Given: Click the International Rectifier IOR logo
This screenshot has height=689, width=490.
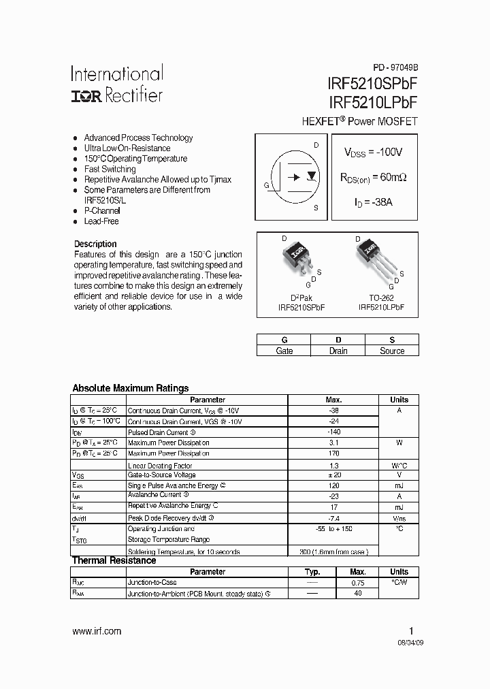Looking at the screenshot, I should pos(86,97).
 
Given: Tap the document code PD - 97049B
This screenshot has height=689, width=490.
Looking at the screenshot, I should pos(395,68).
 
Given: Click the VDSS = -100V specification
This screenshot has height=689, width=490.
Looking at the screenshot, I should pos(372,153).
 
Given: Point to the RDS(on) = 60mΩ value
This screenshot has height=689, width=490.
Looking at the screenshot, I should pos(373,177).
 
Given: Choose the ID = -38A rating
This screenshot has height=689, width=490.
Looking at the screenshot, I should pos(372,202).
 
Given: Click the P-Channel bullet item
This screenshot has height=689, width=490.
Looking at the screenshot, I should pos(101,211).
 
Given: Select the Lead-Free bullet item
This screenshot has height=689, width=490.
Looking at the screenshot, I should pos(101,221).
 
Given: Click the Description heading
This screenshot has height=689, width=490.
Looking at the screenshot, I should pos(95,244).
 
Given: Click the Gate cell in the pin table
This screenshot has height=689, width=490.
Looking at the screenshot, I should pos(284,351).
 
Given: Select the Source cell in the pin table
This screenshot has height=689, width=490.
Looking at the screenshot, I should pos(391,351).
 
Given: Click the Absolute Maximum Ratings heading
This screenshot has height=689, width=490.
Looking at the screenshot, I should pos(130,388).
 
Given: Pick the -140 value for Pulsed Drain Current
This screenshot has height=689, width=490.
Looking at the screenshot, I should pos(333,432).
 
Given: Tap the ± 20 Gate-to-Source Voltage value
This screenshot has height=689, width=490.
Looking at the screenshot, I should pos(333,475).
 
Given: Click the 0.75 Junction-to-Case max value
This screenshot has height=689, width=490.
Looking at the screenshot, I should pos(358,583).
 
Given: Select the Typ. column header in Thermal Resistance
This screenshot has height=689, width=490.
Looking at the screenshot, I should pos(312,572).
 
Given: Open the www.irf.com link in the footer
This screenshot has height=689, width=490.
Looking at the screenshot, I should pos(96,631).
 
